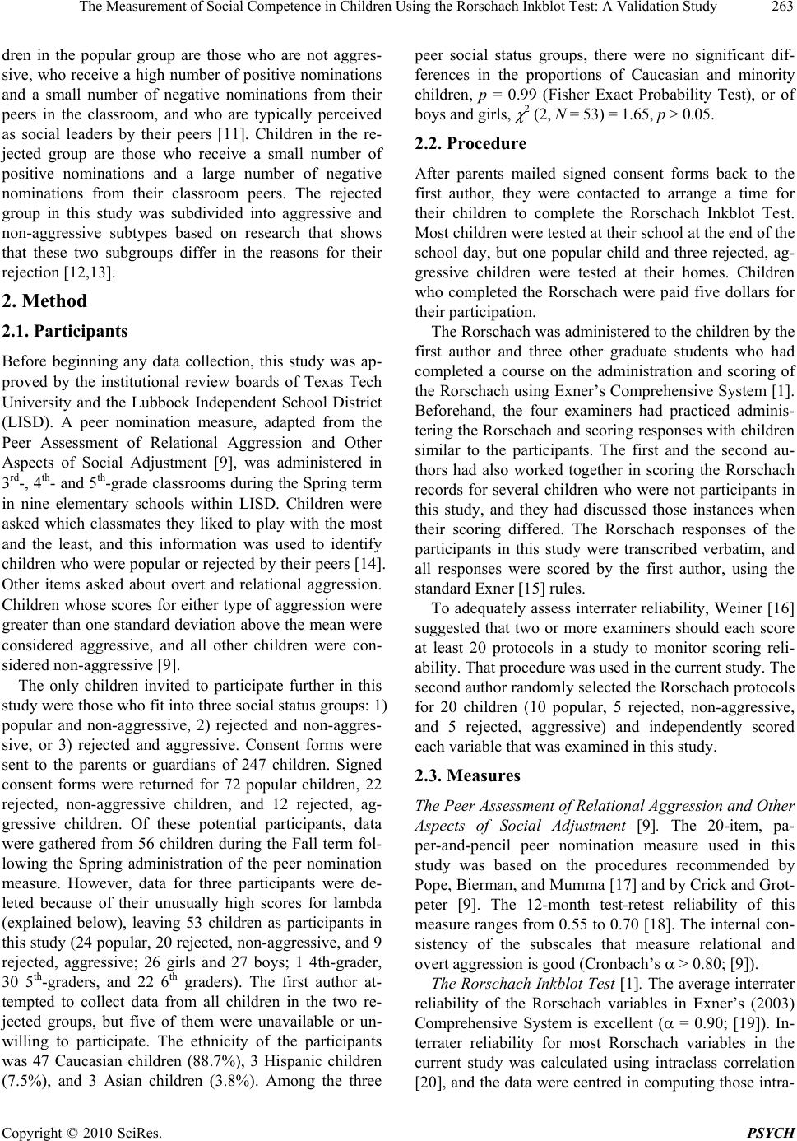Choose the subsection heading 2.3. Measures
[x=466, y=775]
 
